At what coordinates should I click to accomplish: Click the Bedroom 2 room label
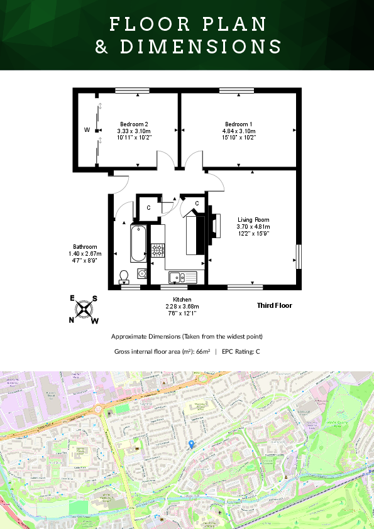tap(134, 124)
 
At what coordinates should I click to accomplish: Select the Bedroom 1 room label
tap(239, 124)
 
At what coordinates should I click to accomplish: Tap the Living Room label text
tap(253, 220)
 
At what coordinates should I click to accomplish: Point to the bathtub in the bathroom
tap(138, 244)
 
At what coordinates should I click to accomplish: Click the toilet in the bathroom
tap(124, 275)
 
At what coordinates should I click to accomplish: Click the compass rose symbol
tap(84, 309)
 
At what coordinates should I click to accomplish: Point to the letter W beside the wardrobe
tap(87, 130)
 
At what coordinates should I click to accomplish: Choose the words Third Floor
tap(275, 306)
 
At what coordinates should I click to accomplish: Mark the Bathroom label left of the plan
tap(85, 247)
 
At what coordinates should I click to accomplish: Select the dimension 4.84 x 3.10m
tap(239, 131)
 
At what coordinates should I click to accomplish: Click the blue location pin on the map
tap(192, 444)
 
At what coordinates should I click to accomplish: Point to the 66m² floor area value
tap(202, 352)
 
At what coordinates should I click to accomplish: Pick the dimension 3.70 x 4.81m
tap(253, 227)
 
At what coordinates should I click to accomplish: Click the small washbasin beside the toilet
tap(142, 273)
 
